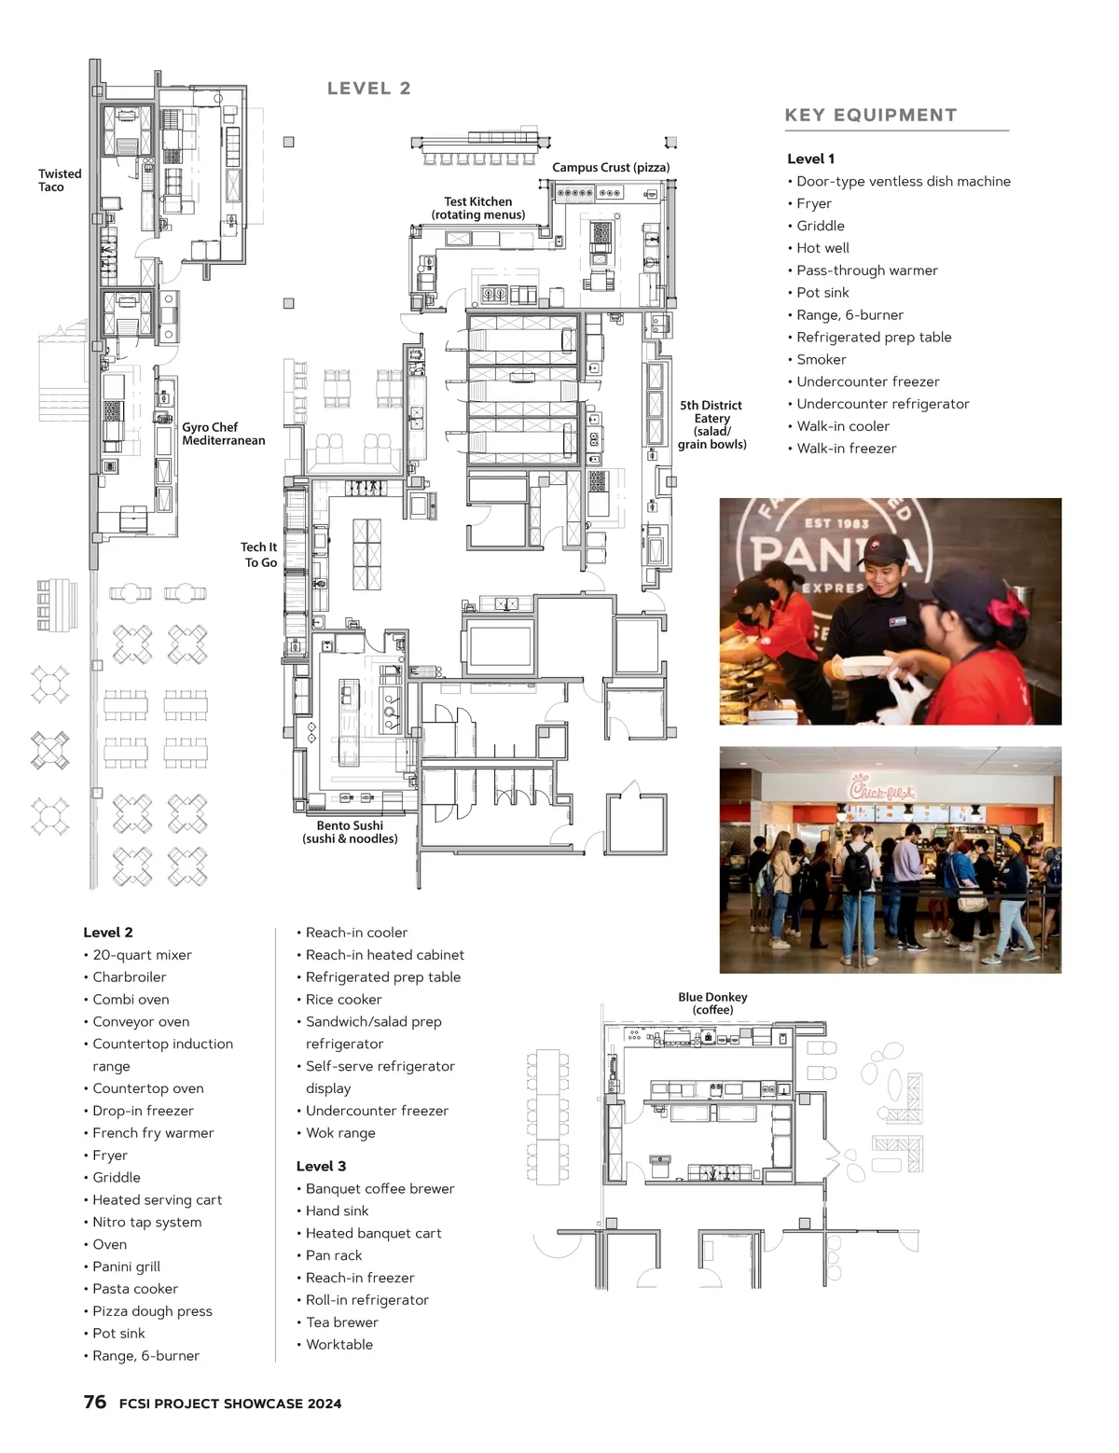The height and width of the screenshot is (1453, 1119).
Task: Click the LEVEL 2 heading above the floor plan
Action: (x=368, y=89)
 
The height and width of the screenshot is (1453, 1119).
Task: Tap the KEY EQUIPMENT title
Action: (x=870, y=115)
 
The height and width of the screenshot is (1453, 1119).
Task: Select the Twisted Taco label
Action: (x=61, y=180)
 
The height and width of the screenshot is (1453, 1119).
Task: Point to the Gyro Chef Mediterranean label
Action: (x=223, y=434)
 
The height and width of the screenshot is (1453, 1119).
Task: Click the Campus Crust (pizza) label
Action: (x=610, y=167)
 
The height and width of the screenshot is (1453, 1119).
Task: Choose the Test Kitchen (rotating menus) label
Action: (x=478, y=208)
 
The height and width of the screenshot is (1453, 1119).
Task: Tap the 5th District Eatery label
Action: (x=711, y=424)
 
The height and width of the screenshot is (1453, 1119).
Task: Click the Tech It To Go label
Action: (x=259, y=554)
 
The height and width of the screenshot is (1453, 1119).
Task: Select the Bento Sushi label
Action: (x=350, y=832)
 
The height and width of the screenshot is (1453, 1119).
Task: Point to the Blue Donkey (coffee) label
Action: (x=712, y=1003)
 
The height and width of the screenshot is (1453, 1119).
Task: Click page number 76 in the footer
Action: (x=95, y=1401)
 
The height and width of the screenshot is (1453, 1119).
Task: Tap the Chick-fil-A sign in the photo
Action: (x=882, y=790)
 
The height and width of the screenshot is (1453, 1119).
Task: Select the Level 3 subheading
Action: (x=321, y=1166)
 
